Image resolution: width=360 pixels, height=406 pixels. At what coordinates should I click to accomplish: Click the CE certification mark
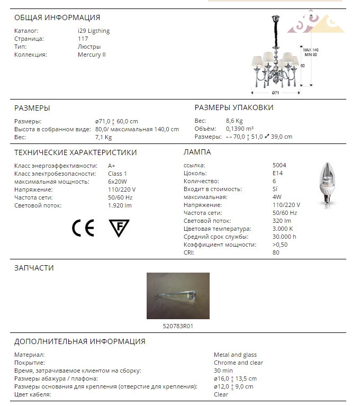[83, 228]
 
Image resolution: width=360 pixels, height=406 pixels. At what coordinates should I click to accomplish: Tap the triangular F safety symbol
[119, 228]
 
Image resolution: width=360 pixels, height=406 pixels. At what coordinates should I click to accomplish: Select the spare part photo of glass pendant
[178, 296]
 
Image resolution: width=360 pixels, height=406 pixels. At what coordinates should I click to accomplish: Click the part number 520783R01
[178, 326]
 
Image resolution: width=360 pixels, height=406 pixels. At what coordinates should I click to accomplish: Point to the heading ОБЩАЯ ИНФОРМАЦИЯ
[57, 17]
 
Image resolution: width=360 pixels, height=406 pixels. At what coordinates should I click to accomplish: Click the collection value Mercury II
[92, 55]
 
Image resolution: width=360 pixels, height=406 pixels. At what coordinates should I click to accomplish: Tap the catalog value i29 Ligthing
[94, 31]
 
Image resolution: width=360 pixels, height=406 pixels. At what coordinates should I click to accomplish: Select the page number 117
[83, 39]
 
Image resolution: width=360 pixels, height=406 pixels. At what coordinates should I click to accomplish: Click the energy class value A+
[112, 166]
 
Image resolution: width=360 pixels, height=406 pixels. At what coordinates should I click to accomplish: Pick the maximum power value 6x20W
[117, 182]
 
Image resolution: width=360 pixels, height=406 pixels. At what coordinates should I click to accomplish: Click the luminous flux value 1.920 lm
[120, 205]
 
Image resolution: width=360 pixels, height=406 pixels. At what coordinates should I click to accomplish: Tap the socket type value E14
[278, 173]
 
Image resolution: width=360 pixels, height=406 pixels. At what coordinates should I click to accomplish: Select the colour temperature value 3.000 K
[283, 229]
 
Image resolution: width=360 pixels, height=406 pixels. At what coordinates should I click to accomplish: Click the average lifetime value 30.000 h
[284, 237]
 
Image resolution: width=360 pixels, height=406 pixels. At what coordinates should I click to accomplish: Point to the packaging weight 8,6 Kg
[234, 121]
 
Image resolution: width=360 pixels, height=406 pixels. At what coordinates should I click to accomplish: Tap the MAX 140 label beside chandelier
[311, 50]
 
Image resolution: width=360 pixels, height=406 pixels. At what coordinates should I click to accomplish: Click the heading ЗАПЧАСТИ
[34, 268]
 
